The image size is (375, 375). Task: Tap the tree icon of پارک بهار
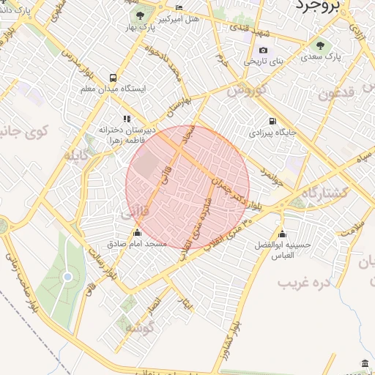[136, 16]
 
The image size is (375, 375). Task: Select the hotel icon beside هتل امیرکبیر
[180, 8]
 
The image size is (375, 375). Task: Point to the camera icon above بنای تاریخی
[263, 51]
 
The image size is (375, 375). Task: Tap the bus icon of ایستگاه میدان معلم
[113, 77]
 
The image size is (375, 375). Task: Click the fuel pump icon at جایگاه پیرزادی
[272, 122]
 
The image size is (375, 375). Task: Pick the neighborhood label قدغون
[338, 93]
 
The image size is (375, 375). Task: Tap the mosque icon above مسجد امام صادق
[136, 233]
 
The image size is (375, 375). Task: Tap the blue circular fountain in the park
[67, 276]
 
